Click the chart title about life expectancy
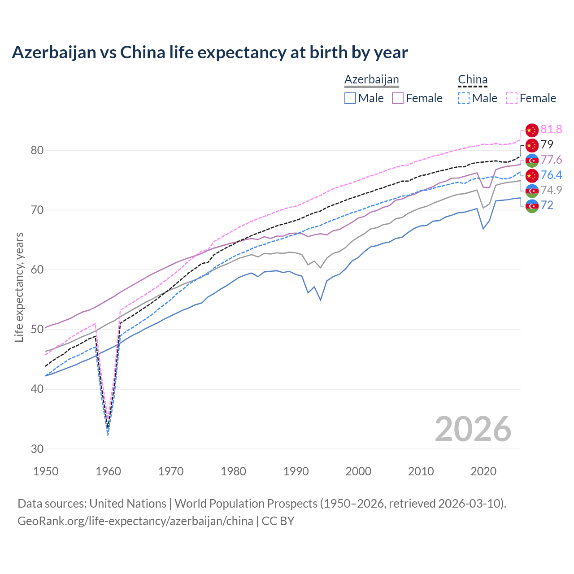point(209,52)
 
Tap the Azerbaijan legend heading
point(371,79)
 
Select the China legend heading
point(472,79)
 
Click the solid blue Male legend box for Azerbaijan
point(350,98)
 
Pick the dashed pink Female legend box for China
point(511,98)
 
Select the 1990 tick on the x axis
point(296,471)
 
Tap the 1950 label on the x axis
point(46,471)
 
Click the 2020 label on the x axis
point(483,471)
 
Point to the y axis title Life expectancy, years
point(19,287)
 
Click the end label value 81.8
point(551,130)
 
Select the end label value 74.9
point(551,190)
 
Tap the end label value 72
point(547,205)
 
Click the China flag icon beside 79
point(531,145)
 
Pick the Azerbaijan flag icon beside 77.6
point(531,160)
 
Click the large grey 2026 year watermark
point(473,429)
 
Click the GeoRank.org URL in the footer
point(135,521)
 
